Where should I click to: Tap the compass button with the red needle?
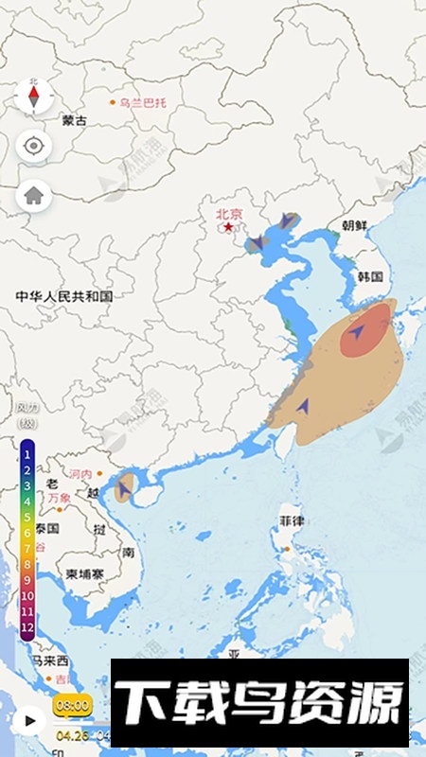coord(34,96)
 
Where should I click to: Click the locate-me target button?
coord(34,146)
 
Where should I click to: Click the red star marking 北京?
coord(228,227)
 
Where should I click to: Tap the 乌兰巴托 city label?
coord(141,102)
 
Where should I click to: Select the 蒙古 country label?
coord(74,120)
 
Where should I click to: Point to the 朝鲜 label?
coord(354,225)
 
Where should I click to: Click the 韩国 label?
coord(370,277)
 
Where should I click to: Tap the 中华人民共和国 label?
coord(64,296)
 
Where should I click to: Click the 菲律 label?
coord(291,521)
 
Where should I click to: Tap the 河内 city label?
coord(81,473)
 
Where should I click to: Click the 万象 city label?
coord(59,497)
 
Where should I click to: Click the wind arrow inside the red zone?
coord(358,332)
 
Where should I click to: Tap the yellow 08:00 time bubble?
coord(72,705)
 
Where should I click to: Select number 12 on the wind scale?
coord(27,626)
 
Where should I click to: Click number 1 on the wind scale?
coord(27,454)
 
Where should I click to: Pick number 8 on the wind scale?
coord(27,564)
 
